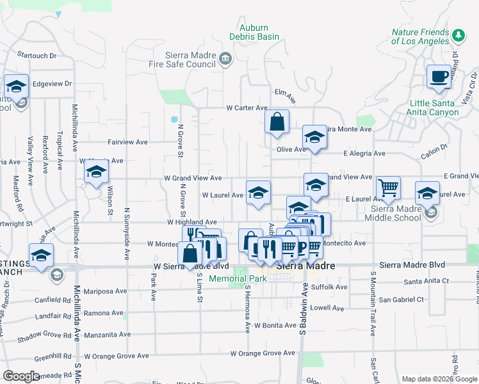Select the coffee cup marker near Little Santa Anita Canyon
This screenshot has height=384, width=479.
[439, 77]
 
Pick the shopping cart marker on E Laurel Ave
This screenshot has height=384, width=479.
[388, 188]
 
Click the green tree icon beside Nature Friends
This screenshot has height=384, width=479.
[458, 34]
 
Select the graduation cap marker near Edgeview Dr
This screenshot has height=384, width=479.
[16, 86]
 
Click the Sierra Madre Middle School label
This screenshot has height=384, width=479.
[402, 213]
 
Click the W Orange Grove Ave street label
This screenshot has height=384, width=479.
[263, 353]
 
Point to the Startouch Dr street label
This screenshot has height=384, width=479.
[37, 56]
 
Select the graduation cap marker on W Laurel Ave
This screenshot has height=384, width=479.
[258, 193]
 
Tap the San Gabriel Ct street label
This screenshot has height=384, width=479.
[402, 300]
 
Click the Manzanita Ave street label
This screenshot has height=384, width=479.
[107, 334]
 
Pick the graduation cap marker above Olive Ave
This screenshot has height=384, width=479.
[314, 137]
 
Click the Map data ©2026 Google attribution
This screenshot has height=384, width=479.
[439, 378]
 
